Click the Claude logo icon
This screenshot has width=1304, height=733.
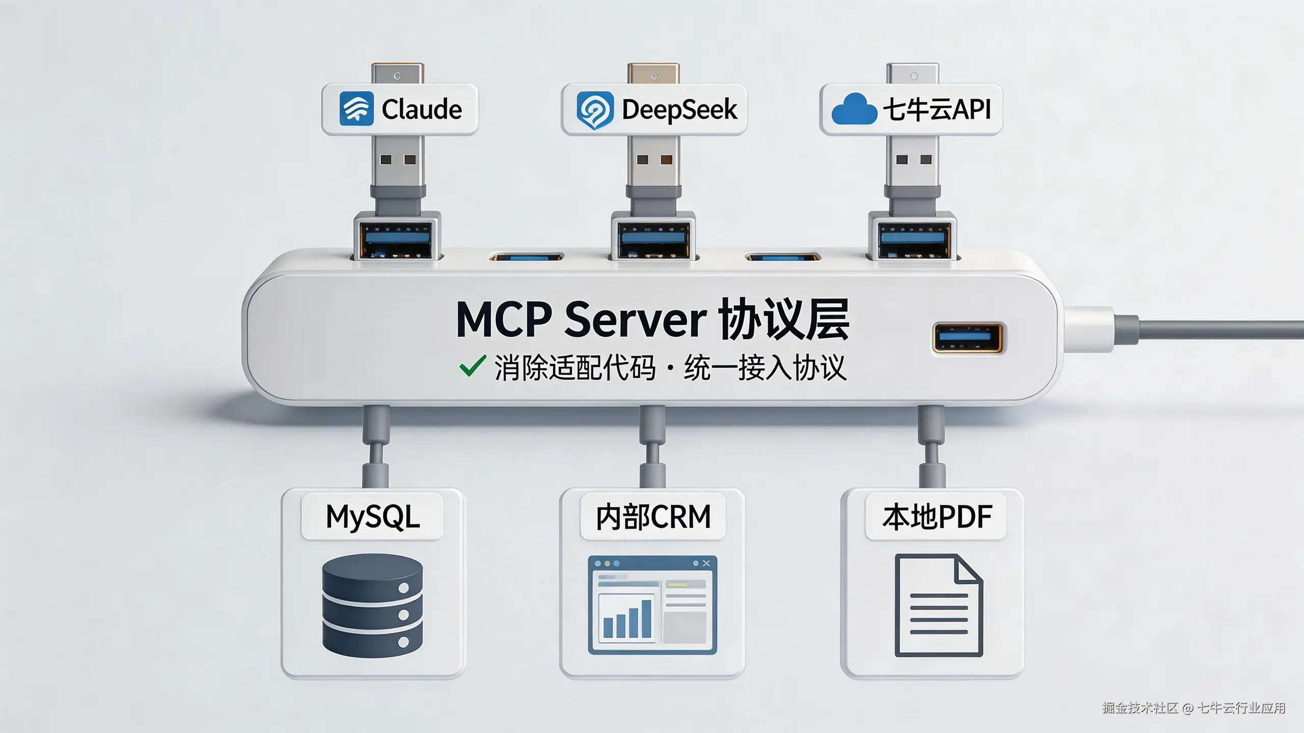coord(356,108)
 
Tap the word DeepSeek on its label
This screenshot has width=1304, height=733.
coord(679,109)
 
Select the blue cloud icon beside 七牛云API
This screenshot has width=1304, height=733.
coord(854,109)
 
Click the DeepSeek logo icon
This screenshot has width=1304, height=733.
coord(594,110)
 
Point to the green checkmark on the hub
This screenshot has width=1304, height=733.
coord(472,366)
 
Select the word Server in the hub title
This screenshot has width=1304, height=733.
coord(635,320)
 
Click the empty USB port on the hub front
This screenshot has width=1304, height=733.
coord(967,337)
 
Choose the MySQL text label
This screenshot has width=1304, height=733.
coord(372,517)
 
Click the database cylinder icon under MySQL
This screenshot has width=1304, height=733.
coord(372,605)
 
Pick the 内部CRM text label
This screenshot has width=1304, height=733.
coord(653,517)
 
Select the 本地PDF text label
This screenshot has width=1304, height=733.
coord(937,517)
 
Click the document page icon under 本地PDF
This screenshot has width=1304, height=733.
coord(938,605)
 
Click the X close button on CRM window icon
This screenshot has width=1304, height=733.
coord(706,563)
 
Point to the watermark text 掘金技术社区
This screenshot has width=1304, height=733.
coord(1140,708)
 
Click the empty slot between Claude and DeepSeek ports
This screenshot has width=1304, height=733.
coord(526,257)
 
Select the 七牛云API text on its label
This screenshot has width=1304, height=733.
coord(936,109)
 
